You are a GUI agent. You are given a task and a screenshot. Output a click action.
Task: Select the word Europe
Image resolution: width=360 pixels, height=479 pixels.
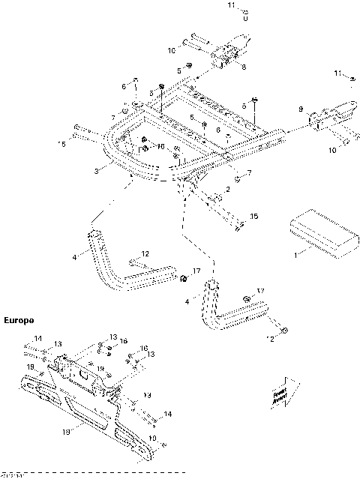click(x=19, y=320)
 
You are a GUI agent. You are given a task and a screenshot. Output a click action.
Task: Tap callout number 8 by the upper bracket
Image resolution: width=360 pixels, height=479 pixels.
click(x=242, y=67)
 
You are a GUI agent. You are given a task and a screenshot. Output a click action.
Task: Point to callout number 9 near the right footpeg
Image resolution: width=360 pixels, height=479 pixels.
click(x=301, y=110)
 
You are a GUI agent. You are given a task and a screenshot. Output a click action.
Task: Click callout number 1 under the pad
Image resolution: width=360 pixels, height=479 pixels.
click(x=295, y=255)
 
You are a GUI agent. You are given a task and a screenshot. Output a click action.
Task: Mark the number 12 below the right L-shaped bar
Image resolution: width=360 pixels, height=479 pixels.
click(x=269, y=338)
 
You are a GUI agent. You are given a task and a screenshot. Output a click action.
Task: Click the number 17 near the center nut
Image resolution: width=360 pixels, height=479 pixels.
click(x=196, y=270)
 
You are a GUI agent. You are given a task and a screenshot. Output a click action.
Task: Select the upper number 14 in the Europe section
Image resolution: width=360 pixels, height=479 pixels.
click(x=38, y=338)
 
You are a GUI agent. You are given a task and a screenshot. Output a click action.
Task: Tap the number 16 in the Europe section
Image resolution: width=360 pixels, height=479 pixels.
click(x=144, y=349)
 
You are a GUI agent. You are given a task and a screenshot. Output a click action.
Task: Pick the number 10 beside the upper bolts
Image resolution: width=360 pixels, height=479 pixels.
click(x=171, y=50)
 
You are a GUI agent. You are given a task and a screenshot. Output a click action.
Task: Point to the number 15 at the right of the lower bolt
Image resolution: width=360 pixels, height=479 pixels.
click(x=253, y=217)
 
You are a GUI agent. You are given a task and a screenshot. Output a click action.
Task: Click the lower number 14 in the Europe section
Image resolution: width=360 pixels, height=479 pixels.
click(x=167, y=413)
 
